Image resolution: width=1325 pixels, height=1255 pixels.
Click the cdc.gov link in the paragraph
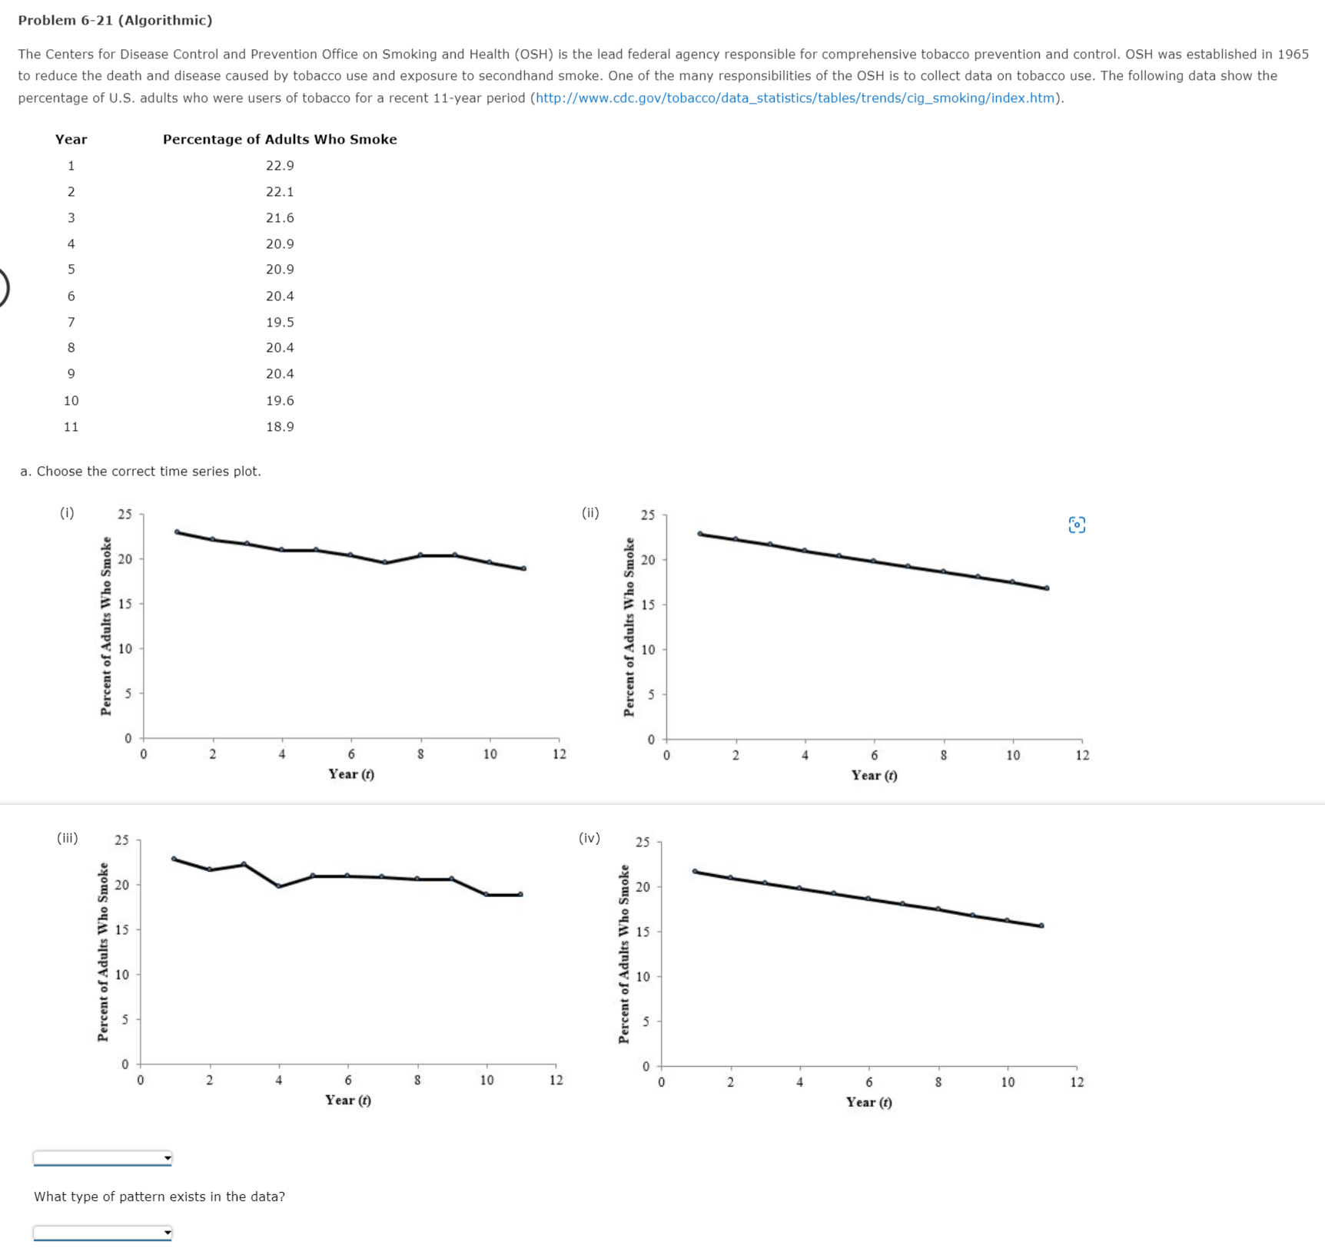point(795,98)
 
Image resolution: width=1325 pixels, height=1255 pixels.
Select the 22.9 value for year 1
point(280,166)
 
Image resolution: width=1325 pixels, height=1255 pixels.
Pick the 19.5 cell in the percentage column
point(280,323)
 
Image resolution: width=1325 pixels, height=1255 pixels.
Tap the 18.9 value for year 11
point(280,427)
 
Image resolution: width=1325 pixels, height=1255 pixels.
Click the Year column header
point(71,140)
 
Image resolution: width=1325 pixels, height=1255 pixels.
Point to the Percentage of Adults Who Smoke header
point(280,140)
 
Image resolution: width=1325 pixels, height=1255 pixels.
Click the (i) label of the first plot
point(68,513)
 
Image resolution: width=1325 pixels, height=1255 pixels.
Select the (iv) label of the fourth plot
point(589,838)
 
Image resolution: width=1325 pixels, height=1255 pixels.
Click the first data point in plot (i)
point(178,531)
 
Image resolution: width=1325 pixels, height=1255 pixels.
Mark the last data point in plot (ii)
point(1047,588)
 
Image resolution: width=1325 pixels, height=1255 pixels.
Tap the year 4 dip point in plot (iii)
point(279,886)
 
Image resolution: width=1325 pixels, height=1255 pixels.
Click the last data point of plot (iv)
point(1041,926)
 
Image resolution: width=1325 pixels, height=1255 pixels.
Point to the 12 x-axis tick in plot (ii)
point(1082,756)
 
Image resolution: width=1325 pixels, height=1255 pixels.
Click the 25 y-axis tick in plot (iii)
point(122,840)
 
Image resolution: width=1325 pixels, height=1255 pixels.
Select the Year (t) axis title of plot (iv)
point(869,1102)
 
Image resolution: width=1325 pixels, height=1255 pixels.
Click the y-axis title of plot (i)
point(106,626)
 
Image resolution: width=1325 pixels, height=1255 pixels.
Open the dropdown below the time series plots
point(102,1158)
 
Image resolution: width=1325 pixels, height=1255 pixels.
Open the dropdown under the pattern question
point(102,1233)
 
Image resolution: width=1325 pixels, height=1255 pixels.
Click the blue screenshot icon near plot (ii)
point(1077,525)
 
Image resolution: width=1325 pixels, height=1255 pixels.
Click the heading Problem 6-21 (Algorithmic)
point(115,21)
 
